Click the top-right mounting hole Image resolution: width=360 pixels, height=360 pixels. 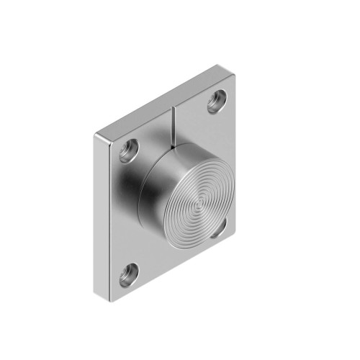tap(217, 101)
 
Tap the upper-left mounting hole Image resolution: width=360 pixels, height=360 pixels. tap(130, 149)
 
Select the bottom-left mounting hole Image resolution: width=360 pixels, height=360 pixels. tap(130, 272)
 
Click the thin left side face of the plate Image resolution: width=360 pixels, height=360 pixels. tap(102, 216)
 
